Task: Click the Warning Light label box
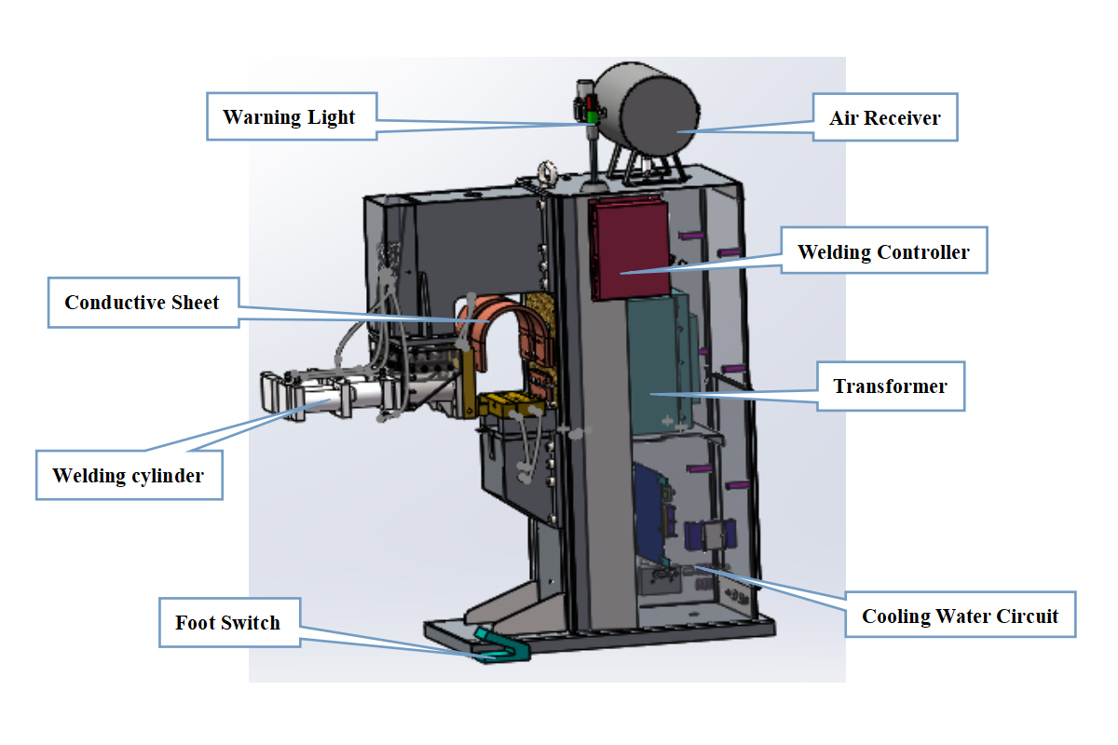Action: click(292, 116)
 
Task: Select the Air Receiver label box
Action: click(885, 117)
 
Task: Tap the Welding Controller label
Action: click(884, 251)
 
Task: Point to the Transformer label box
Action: click(891, 386)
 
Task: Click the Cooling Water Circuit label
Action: click(961, 615)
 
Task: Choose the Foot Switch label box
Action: click(229, 622)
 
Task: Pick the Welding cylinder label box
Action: click(130, 475)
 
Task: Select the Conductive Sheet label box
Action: click(143, 303)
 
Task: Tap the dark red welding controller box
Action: click(630, 248)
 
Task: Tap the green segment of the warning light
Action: click(592, 117)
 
